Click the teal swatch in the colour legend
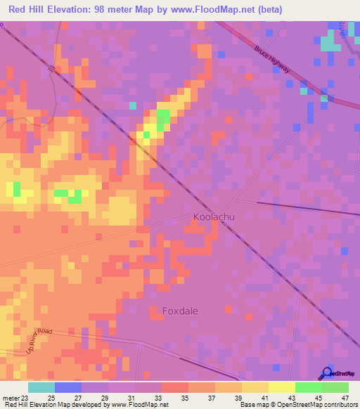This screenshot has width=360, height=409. point(41,387)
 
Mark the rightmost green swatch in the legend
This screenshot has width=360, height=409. point(335,387)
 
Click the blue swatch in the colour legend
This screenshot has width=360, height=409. point(68,387)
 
